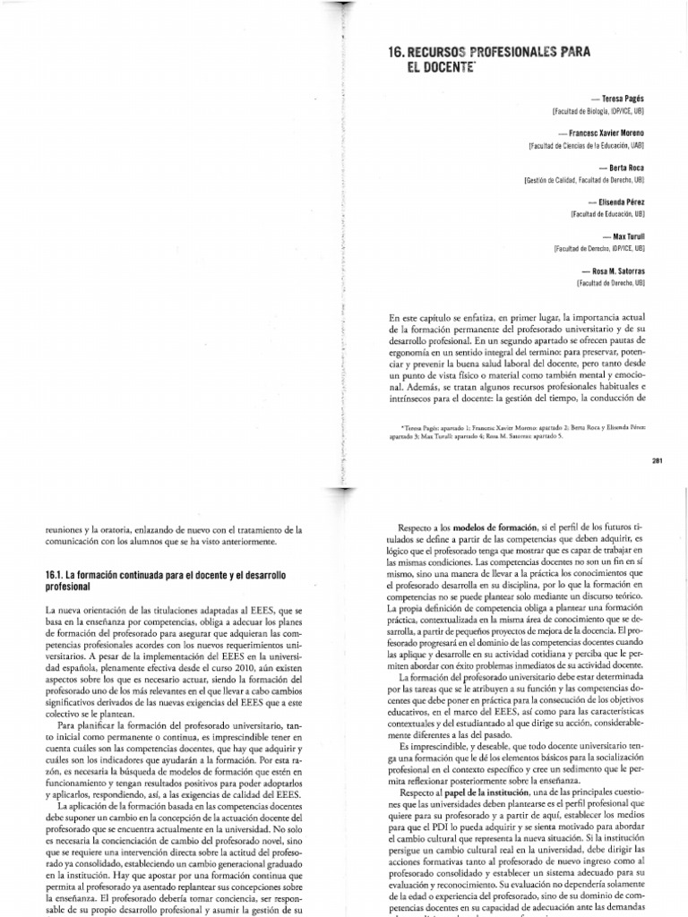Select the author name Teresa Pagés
tap(621, 96)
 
